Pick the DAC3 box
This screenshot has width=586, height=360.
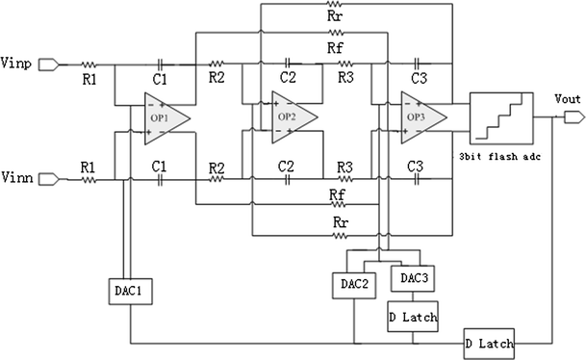[x=408, y=278]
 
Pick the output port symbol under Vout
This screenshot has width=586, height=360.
[x=571, y=117]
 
